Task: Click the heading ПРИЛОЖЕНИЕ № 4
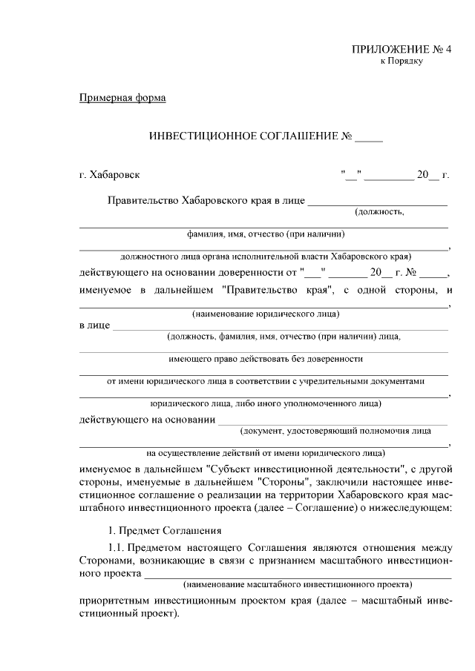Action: pyautogui.click(x=402, y=50)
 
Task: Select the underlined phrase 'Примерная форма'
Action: pyautogui.click(x=122, y=99)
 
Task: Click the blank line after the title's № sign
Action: pyautogui.click(x=370, y=139)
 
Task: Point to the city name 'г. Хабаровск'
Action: pyautogui.click(x=109, y=176)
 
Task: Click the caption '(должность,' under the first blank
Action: pyautogui.click(x=379, y=212)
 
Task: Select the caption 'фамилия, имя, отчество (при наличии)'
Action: pyautogui.click(x=263, y=234)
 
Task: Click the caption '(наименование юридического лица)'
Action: pyautogui.click(x=263, y=314)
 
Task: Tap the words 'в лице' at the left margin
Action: pyautogui.click(x=94, y=325)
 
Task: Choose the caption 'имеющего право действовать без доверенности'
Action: pyautogui.click(x=263, y=359)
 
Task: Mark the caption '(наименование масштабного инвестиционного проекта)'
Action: pyautogui.click(x=298, y=584)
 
